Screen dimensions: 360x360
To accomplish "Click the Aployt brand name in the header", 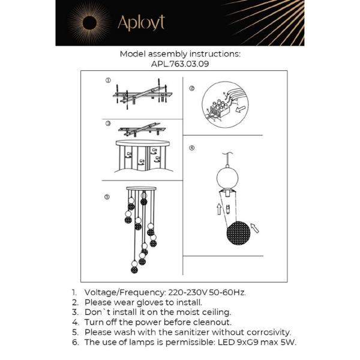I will (x=141, y=23).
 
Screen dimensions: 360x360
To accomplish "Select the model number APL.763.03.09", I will (x=180, y=63).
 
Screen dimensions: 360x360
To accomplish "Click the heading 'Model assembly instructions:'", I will (x=180, y=53).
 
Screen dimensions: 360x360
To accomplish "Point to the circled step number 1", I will (x=108, y=80).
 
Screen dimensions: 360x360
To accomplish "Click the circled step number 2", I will (x=191, y=88).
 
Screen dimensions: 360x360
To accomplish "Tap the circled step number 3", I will (x=108, y=123).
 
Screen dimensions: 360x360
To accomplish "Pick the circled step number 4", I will (x=191, y=148).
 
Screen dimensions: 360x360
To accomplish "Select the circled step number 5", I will (x=107, y=196).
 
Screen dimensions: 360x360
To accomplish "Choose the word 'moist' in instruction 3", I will (x=179, y=312).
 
